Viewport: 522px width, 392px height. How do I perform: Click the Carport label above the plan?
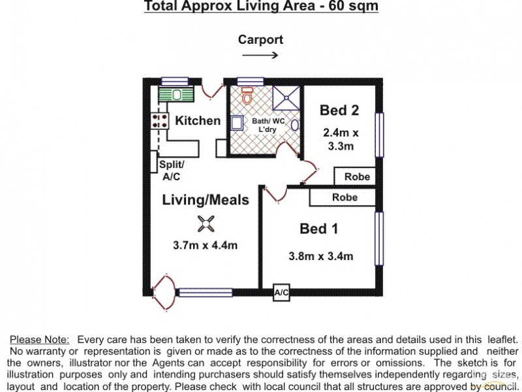[260, 40]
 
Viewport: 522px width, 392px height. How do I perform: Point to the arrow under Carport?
[260, 56]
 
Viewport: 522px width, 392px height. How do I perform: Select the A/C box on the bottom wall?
[281, 293]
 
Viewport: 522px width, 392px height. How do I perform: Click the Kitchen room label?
[198, 121]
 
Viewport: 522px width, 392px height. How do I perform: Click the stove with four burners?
[159, 121]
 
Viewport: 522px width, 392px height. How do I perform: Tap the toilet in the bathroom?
[247, 96]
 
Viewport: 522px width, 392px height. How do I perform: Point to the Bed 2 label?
[339, 110]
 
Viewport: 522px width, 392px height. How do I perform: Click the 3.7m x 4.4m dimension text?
[205, 246]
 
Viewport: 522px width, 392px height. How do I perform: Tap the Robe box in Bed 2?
[357, 176]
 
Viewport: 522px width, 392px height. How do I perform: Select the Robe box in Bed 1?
[344, 197]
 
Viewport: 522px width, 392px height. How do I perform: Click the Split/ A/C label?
[172, 171]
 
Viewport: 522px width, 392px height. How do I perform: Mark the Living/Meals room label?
[206, 200]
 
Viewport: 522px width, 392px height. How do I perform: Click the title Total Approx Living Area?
[260, 7]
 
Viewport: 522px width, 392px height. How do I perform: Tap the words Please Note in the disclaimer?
[39, 340]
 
